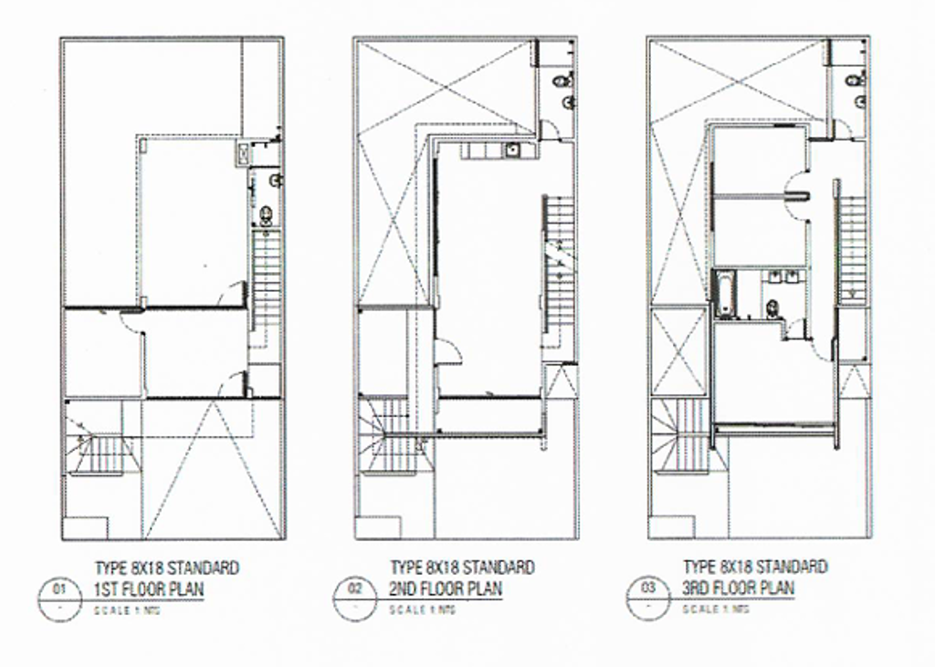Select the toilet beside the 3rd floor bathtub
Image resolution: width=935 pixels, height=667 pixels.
(x=772, y=306)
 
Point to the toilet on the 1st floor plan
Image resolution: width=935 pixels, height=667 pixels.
(x=266, y=215)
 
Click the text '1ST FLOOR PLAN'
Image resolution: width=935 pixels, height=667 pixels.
(x=149, y=589)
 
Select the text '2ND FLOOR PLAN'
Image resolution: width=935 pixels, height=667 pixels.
(x=446, y=589)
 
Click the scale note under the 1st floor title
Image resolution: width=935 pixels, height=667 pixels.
(x=133, y=610)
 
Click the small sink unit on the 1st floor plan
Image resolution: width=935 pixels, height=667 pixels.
(x=242, y=153)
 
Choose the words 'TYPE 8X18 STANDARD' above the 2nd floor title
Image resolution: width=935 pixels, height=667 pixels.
(x=462, y=568)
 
